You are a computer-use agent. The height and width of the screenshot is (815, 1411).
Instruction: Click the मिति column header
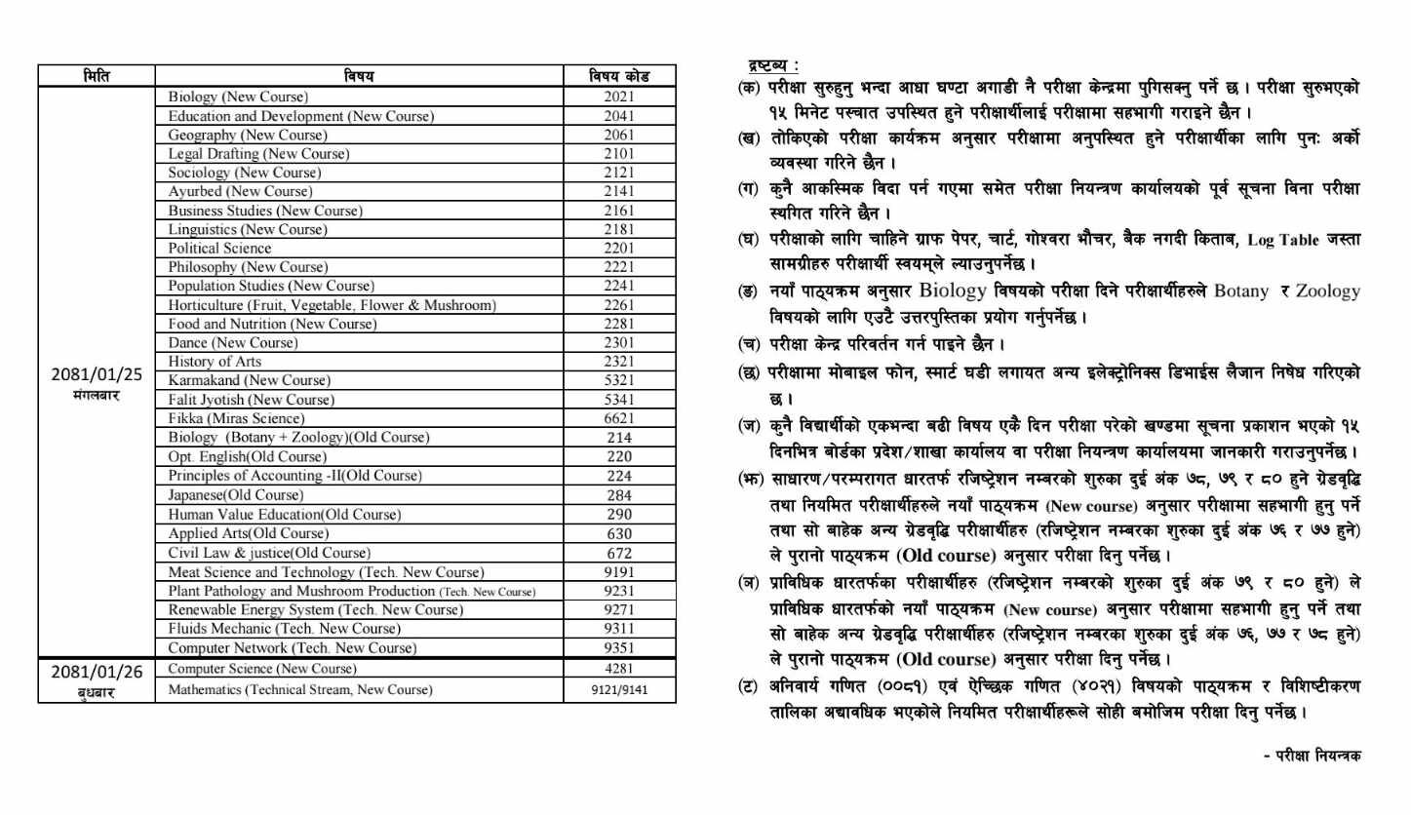click(96, 76)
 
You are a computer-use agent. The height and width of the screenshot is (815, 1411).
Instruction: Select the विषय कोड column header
click(619, 76)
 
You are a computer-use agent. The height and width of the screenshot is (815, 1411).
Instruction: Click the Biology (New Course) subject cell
click(238, 97)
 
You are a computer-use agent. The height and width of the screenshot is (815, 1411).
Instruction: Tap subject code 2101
click(619, 154)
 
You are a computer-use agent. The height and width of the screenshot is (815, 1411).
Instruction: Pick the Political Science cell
click(220, 249)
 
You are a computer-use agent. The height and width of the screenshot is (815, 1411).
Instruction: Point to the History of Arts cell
click(212, 362)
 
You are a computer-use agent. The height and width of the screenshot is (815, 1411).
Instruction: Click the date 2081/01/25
click(97, 374)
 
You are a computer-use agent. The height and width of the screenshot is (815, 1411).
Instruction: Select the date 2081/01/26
click(97, 672)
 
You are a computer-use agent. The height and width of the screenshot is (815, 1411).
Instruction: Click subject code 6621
click(619, 418)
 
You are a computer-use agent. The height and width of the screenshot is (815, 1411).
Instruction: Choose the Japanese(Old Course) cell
click(234, 494)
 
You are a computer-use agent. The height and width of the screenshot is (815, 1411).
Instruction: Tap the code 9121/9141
click(619, 690)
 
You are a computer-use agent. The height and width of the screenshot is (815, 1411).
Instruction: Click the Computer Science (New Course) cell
click(262, 669)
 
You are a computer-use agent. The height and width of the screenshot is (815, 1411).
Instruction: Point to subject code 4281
click(619, 669)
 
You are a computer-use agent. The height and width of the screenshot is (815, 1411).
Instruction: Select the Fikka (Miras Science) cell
click(231, 418)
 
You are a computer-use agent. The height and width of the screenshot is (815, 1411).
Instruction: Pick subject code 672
click(619, 553)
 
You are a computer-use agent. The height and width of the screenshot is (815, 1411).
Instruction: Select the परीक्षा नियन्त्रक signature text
click(1312, 755)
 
